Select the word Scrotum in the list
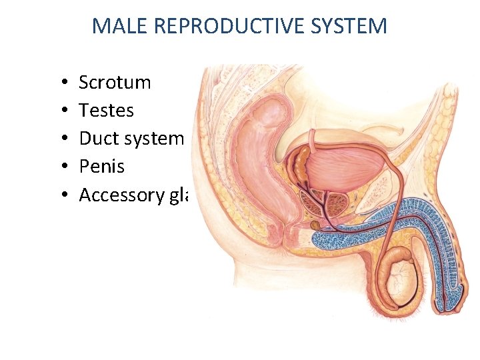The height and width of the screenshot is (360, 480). (115, 83)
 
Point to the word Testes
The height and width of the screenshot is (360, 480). (106, 111)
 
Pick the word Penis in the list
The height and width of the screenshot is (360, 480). (101, 167)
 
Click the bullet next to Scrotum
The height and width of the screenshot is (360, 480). (61, 83)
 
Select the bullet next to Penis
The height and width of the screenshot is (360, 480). (61, 167)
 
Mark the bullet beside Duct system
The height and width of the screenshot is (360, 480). (61, 139)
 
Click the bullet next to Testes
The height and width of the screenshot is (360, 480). (61, 111)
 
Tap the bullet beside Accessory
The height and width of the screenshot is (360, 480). (61, 195)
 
